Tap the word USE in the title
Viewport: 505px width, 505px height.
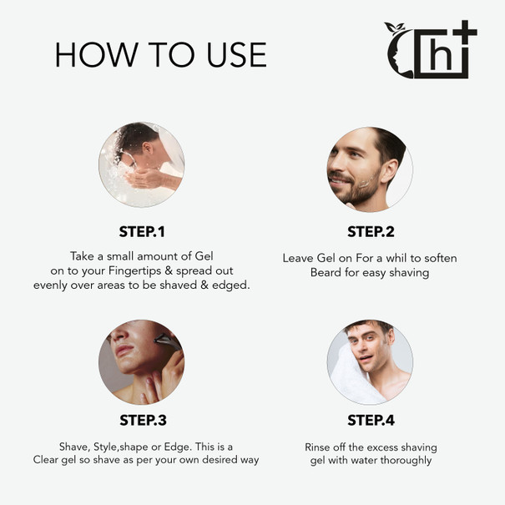point(237,55)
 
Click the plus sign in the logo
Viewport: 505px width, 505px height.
point(464,33)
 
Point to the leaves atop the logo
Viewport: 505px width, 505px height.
point(395,28)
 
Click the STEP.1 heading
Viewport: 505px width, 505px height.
point(142,231)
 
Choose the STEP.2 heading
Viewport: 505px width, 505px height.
point(371,231)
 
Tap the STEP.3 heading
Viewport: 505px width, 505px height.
point(143,420)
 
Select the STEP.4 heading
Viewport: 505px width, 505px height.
point(371,420)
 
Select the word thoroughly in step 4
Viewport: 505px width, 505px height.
point(406,460)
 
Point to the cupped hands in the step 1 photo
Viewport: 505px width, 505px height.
point(145,179)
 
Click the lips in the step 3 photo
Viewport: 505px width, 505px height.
point(124,350)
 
